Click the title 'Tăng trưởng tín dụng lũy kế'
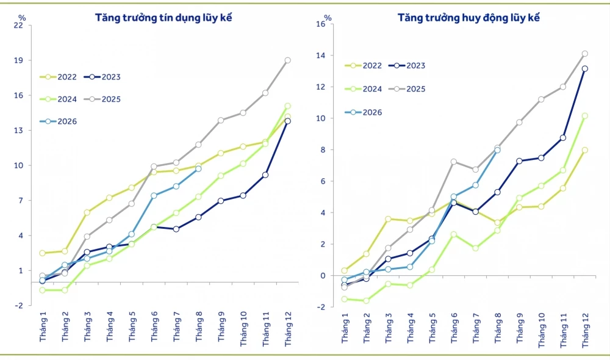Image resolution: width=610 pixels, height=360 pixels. point(163,18)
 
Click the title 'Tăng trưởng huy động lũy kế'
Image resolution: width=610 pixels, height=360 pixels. point(468,18)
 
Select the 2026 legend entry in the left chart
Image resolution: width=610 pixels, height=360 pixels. point(59,121)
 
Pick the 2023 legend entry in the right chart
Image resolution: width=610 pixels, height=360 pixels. point(407,65)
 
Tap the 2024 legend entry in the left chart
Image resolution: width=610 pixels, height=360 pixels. point(59,99)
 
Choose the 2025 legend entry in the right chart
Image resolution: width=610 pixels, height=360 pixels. point(407,88)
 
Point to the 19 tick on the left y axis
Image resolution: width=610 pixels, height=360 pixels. point(18,60)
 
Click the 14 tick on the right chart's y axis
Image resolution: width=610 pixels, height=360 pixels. point(320,56)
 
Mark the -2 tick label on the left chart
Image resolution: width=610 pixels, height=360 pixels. point(19,306)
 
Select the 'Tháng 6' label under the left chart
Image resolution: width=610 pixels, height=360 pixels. point(154,326)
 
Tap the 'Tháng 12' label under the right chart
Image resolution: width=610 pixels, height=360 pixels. point(586,331)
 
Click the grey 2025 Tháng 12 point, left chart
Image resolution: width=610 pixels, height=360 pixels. point(287,60)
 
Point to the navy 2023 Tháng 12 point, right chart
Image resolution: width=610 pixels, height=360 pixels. point(585,69)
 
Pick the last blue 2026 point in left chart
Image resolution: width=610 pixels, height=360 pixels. point(198,169)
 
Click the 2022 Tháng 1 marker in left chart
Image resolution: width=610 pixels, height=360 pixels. point(43,253)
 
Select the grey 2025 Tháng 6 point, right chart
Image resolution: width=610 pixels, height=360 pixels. point(454,162)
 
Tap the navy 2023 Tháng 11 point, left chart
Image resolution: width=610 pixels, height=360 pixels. point(265,175)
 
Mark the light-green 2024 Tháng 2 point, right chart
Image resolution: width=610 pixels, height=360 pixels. point(366,301)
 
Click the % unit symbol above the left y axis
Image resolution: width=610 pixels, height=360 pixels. point(22,18)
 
